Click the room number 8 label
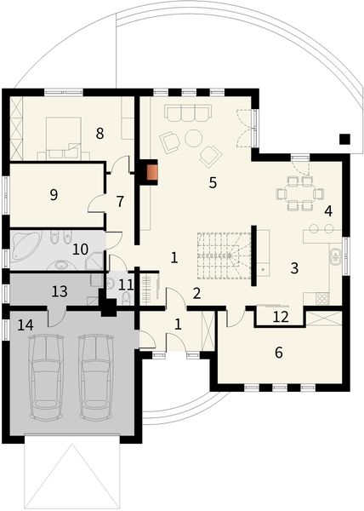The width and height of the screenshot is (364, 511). pos(100,133)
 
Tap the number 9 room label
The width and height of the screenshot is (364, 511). pos(54,195)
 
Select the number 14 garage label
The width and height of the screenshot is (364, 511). pos(26,324)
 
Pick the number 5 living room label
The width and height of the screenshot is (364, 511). pos(213,181)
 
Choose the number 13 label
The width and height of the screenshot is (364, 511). pos(59,290)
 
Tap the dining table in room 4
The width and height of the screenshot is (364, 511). pos(293,193)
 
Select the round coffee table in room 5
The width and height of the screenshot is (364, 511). pos(194,137)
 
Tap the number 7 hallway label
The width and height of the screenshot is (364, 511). pos(120,202)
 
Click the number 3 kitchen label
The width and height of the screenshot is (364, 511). pos(293,267)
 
